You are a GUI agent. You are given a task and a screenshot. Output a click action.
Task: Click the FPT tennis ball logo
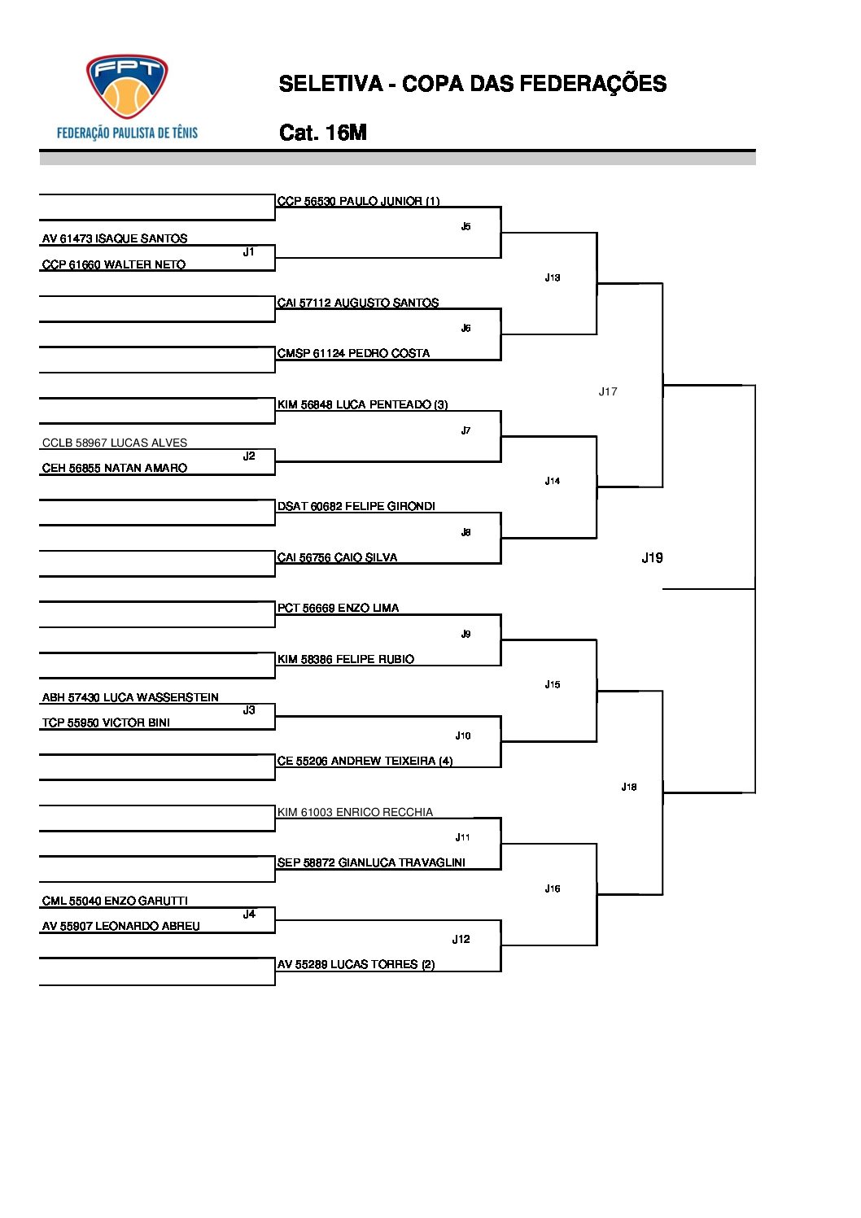click(127, 88)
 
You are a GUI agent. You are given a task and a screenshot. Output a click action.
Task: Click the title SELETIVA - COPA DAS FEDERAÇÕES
click(472, 84)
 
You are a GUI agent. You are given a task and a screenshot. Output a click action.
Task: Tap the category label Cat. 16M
click(322, 133)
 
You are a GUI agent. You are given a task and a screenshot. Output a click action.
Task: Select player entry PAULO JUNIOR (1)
click(358, 201)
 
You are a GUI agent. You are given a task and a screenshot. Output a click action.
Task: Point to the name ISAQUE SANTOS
click(115, 238)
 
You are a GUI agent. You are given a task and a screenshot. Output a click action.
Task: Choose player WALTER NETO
click(114, 264)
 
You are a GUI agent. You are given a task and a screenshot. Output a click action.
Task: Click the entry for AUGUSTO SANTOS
click(358, 303)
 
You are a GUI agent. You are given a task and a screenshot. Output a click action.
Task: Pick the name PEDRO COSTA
click(353, 353)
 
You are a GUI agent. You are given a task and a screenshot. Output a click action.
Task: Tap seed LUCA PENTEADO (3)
click(362, 404)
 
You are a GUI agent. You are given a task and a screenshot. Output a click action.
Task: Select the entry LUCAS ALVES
click(115, 443)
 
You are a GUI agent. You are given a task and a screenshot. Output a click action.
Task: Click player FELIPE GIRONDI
click(356, 506)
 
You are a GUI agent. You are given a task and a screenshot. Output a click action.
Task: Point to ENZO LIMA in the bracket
click(338, 608)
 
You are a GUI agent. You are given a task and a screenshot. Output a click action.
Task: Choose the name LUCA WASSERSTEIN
click(130, 697)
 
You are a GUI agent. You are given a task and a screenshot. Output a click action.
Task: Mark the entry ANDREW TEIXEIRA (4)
click(365, 761)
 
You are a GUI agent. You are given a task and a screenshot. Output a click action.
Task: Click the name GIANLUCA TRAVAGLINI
click(371, 862)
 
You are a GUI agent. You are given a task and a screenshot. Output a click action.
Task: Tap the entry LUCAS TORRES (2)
click(356, 964)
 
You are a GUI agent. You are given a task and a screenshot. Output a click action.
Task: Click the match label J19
click(652, 557)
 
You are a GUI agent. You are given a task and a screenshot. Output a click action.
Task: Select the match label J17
click(608, 391)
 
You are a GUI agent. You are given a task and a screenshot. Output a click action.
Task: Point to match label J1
click(248, 252)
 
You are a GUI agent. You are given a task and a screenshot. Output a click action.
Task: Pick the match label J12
click(461, 939)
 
